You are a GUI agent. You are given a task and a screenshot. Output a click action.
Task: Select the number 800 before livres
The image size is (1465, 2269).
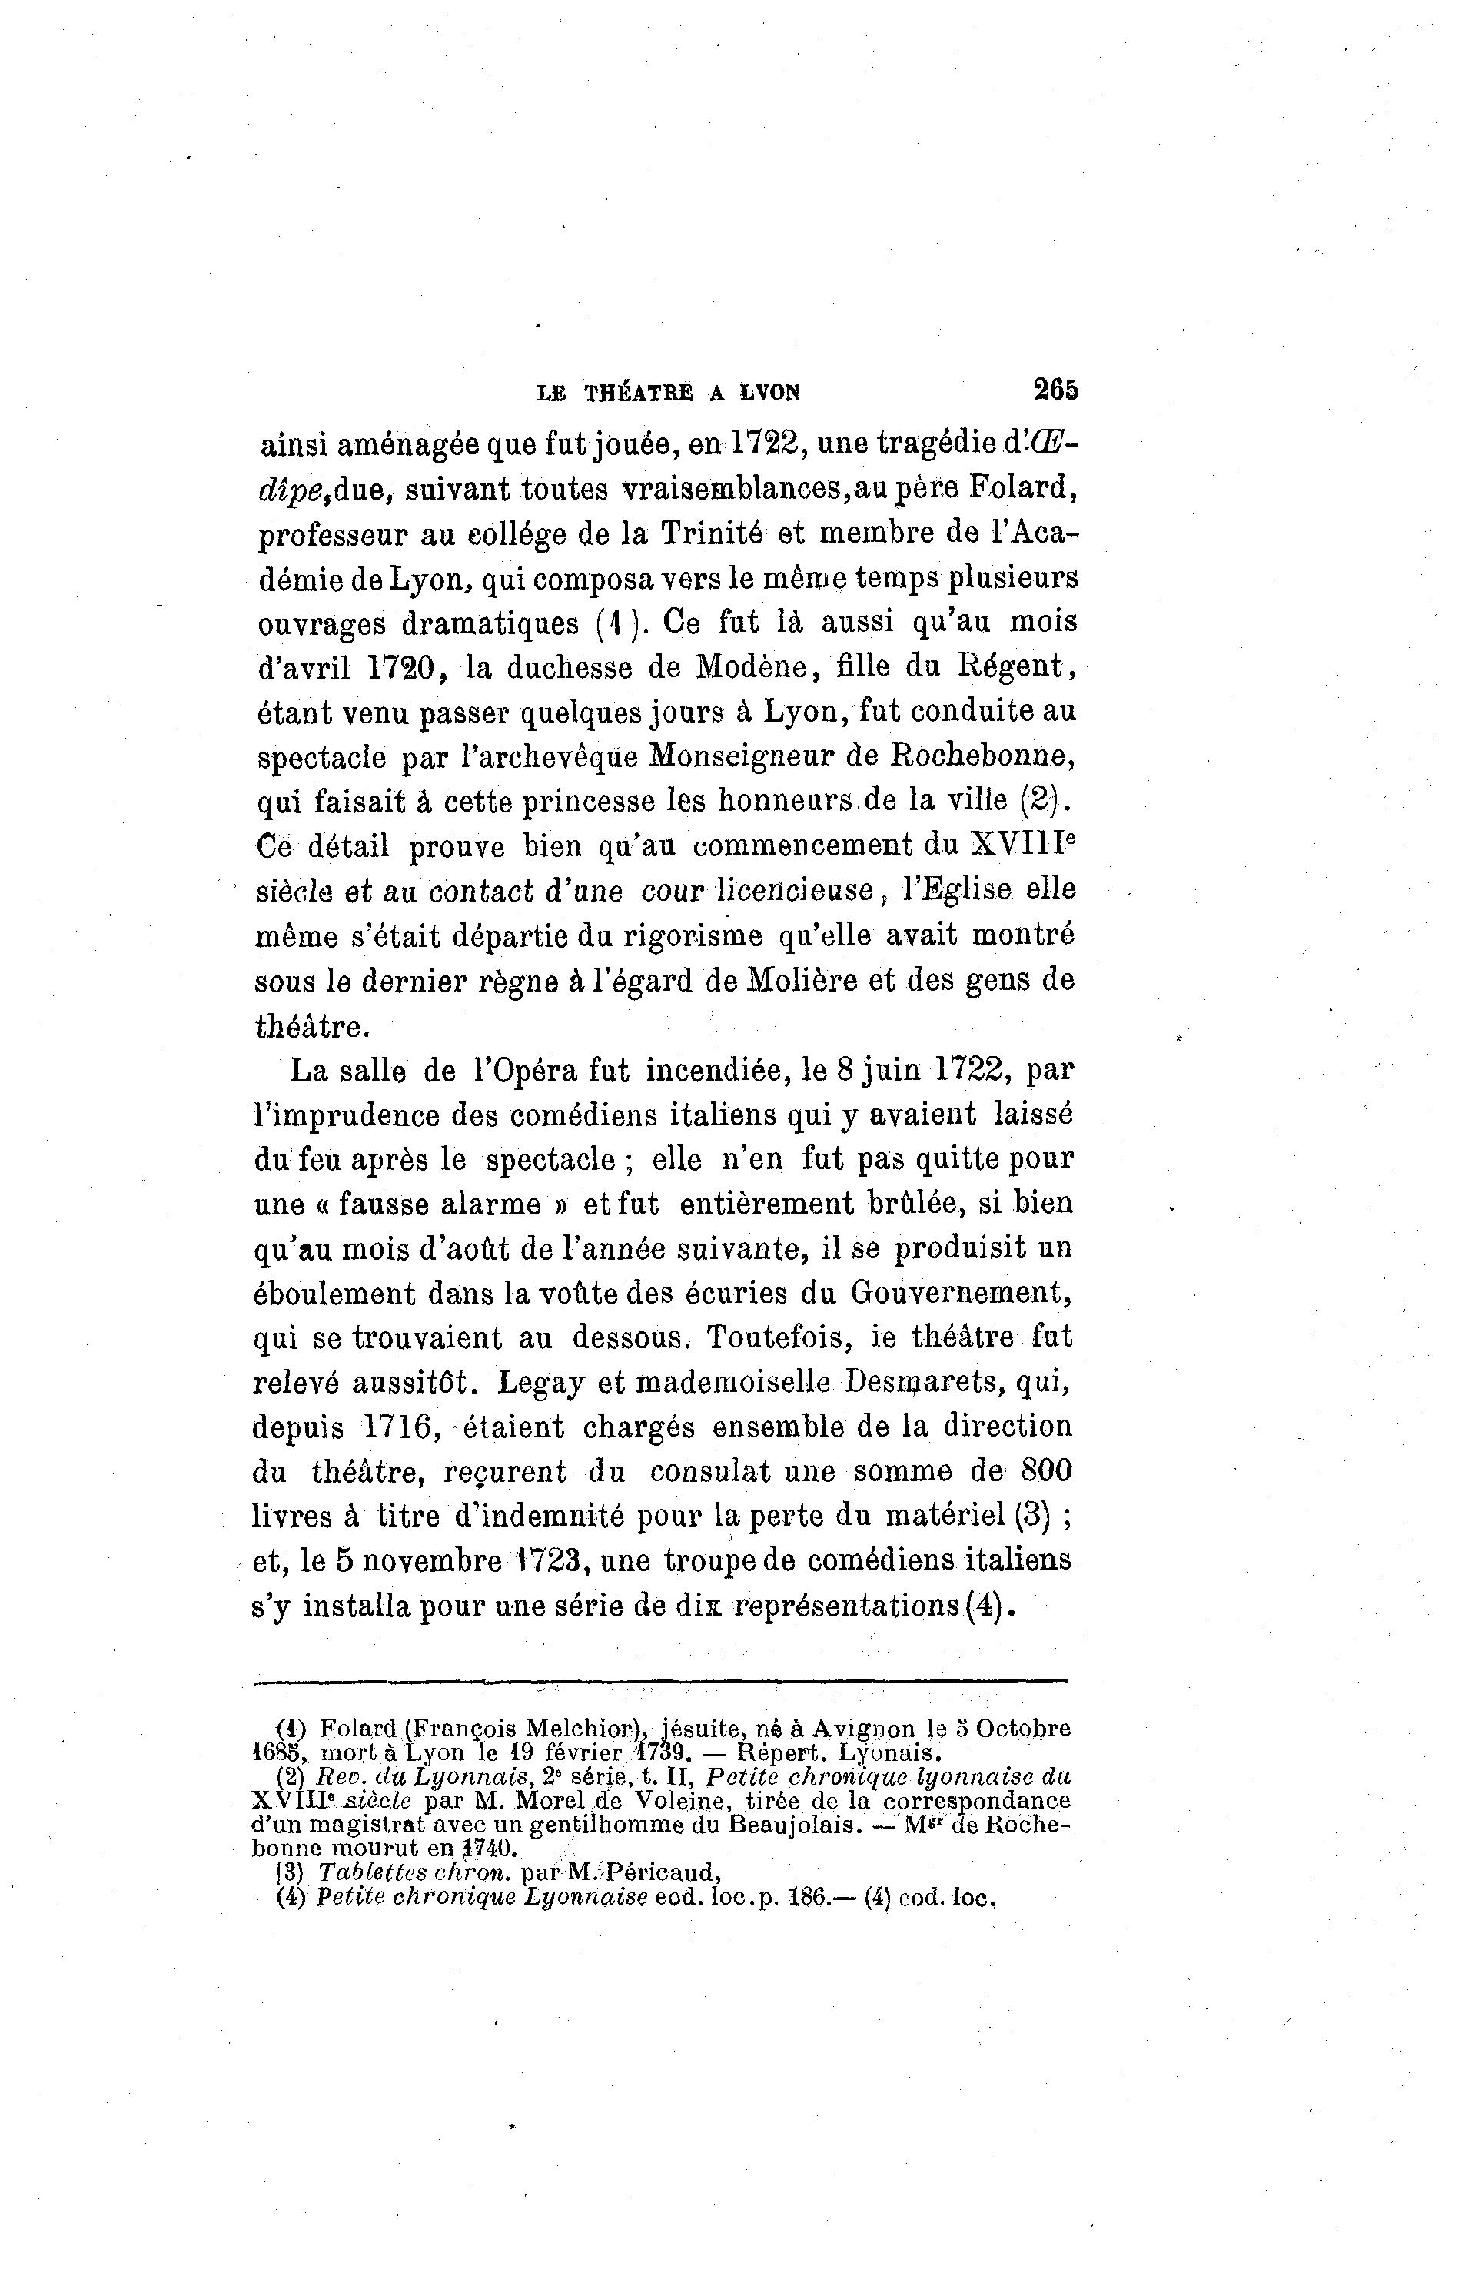pos(1045,1472)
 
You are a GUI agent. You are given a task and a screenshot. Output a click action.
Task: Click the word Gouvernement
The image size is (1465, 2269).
pos(962,1293)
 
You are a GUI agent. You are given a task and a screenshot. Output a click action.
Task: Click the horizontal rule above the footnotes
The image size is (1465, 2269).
pos(661,1682)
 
